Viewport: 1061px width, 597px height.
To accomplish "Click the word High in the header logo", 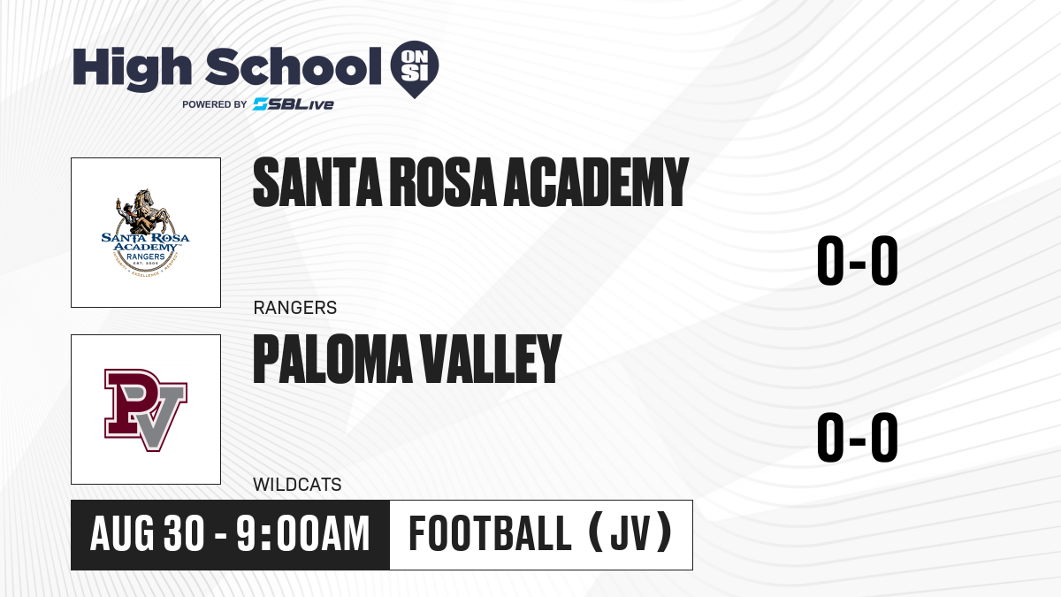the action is click(133, 68).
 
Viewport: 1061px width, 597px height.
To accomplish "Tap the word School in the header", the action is click(294, 66).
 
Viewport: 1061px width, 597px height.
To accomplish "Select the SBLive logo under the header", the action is click(294, 104).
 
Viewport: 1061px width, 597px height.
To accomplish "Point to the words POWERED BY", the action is click(215, 104).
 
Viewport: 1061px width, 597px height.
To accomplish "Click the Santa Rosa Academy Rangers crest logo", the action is click(146, 233).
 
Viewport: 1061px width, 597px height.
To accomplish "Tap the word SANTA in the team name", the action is click(317, 182).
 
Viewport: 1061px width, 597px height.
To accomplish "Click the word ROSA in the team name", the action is click(442, 182).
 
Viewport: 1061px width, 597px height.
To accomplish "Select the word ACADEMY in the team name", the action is click(595, 182).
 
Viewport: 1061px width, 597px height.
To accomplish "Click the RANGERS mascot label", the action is click(295, 308).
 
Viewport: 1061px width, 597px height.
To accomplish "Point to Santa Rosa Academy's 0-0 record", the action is click(858, 261).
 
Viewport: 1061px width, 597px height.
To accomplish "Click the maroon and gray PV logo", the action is click(146, 409).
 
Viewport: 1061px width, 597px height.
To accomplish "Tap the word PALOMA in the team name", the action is click(333, 359).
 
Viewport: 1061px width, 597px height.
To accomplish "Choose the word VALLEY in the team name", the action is click(491, 359).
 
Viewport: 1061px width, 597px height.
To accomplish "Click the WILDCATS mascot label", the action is click(297, 485).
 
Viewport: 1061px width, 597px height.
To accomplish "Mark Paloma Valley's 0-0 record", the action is click(858, 437).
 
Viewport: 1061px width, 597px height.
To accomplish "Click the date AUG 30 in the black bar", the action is click(148, 534).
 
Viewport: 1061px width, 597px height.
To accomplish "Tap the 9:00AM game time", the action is click(303, 534).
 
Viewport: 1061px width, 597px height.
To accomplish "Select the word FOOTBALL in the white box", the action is click(490, 534).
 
